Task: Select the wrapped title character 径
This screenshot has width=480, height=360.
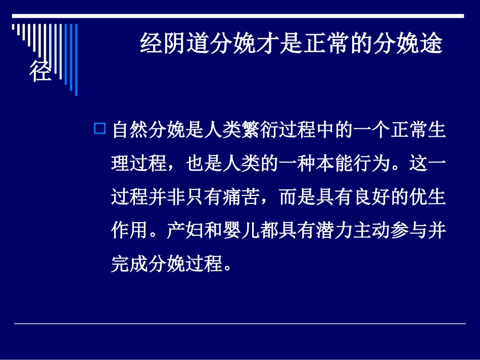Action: pyautogui.click(x=40, y=72)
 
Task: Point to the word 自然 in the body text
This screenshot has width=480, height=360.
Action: pyautogui.click(x=129, y=130)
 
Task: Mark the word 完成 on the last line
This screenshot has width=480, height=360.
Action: pyautogui.click(x=129, y=263)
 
